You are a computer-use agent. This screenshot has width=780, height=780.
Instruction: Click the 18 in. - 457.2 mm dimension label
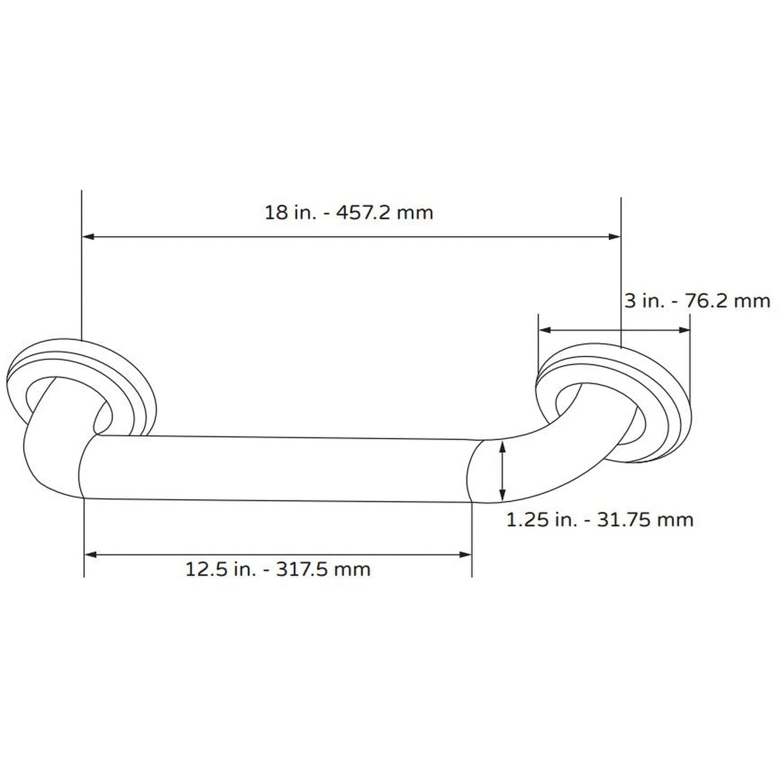[x=349, y=212]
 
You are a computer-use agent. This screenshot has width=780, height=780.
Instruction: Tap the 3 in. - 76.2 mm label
[x=697, y=301]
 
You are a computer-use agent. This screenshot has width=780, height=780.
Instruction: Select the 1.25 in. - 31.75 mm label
[x=600, y=519]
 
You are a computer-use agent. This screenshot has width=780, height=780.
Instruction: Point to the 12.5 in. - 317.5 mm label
[x=278, y=569]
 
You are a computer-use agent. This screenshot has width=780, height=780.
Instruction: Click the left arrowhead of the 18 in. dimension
[x=88, y=236]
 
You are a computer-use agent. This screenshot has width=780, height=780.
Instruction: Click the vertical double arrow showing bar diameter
[x=503, y=470]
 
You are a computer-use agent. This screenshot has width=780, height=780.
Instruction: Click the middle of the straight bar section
[x=278, y=467]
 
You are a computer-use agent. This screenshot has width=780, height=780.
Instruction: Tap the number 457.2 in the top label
[x=362, y=212]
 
